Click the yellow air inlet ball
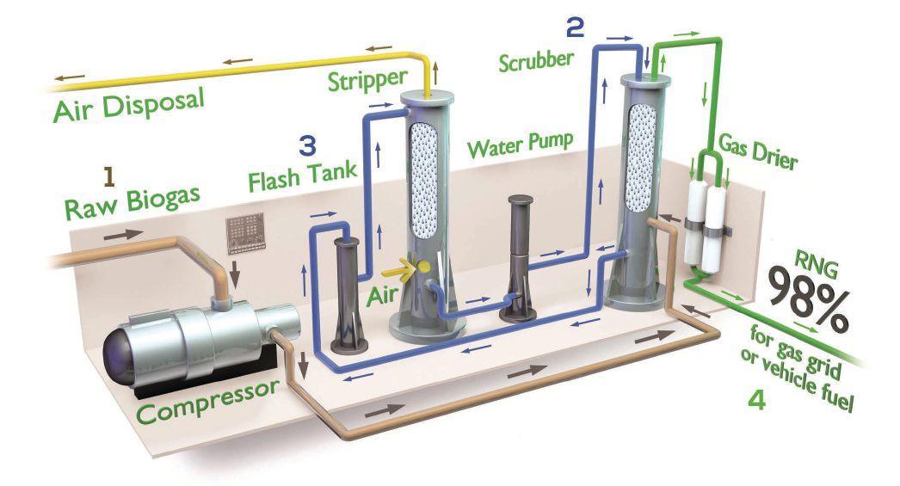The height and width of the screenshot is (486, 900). pyautogui.click(x=423, y=269)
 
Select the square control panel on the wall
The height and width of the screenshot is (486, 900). pyautogui.click(x=243, y=233)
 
